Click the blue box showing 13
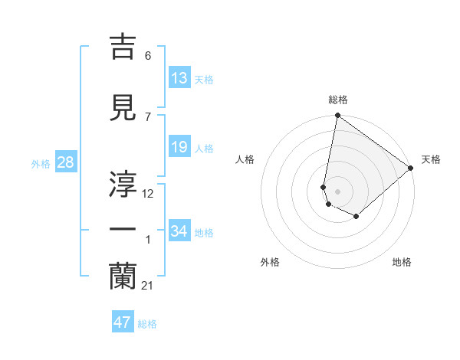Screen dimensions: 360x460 (x=179, y=78)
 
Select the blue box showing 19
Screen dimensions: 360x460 (x=179, y=147)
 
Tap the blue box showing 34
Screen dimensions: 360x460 (x=179, y=231)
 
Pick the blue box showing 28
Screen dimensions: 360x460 (x=65, y=162)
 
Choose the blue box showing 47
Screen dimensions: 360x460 (x=123, y=322)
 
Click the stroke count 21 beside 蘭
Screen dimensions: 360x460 (x=147, y=285)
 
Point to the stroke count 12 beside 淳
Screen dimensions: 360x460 (x=148, y=194)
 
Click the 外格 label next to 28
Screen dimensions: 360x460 (x=41, y=163)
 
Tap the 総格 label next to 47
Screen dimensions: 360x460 (x=147, y=323)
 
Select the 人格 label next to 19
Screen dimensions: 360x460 (x=204, y=148)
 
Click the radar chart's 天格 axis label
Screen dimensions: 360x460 (x=431, y=159)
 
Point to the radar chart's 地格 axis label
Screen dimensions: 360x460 (x=402, y=262)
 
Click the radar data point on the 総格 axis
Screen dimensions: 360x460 (x=337, y=116)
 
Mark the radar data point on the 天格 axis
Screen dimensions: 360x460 (x=411, y=169)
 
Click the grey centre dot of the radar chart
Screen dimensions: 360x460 (x=337, y=191)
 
